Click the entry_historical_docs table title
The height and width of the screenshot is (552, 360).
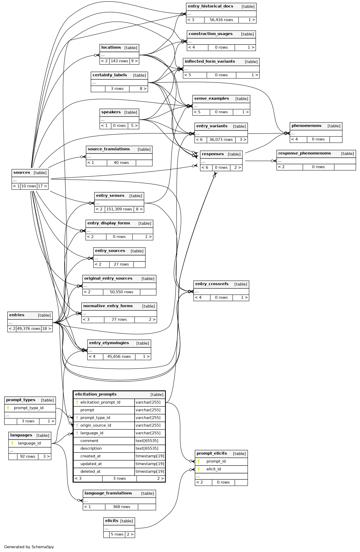point(211,6)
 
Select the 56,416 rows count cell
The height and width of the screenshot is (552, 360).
point(221,20)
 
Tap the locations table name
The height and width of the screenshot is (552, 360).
point(111,47)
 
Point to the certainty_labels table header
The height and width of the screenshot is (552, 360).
point(110,75)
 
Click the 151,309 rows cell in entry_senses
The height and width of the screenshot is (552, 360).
point(119,209)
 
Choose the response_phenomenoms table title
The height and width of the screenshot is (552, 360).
point(304,153)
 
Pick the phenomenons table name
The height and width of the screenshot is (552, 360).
point(306,126)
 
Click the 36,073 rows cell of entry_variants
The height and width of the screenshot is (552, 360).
point(221,140)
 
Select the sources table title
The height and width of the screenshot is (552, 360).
point(22,173)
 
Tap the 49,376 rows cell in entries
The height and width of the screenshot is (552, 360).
point(29,329)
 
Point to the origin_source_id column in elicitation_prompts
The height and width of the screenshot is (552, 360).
point(96,425)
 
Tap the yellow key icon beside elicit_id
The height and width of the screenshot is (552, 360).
point(199,469)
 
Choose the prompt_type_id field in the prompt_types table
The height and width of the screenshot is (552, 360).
point(29,408)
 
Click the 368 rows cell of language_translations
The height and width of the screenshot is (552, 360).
point(121,507)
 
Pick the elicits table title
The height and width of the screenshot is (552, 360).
point(112,521)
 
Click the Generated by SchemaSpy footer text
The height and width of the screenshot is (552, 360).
point(29,547)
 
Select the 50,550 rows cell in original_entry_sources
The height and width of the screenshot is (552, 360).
point(121,292)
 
